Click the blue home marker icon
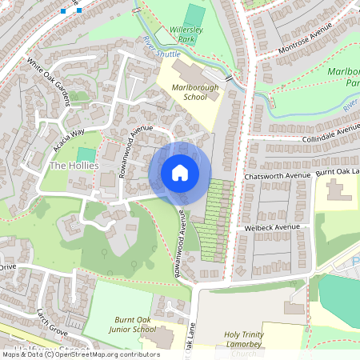(x=180, y=172)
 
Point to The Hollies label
(x=74, y=166)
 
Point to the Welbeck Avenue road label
(x=273, y=227)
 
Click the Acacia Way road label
(x=67, y=137)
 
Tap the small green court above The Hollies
(x=86, y=154)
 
